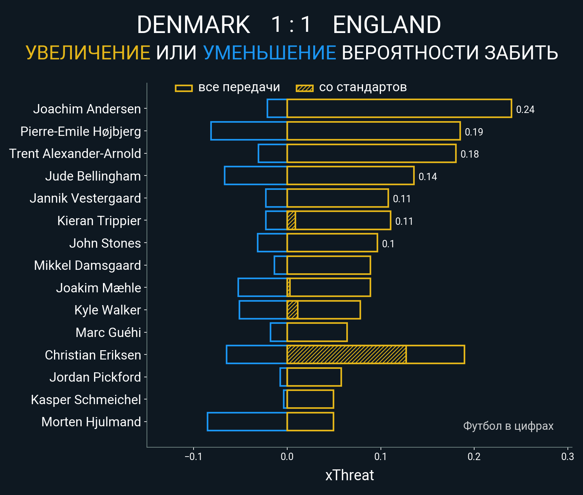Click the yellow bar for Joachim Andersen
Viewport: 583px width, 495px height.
click(x=399, y=108)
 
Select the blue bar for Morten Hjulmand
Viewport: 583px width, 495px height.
click(x=247, y=422)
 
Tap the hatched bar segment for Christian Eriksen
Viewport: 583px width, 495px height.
click(x=346, y=354)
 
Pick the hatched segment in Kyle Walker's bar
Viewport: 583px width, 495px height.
click(x=292, y=310)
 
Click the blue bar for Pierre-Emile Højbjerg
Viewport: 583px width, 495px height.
click(x=249, y=131)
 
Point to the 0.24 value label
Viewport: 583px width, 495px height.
click(x=525, y=110)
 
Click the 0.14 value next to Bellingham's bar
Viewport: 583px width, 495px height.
click(x=428, y=177)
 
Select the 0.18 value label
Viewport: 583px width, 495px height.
click(x=470, y=155)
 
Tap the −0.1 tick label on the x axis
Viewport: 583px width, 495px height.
click(x=193, y=457)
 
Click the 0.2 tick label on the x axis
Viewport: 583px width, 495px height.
click(x=474, y=457)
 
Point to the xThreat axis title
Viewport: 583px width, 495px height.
click(x=349, y=475)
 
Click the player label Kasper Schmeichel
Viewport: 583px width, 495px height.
click(x=86, y=399)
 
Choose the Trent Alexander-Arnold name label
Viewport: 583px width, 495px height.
click(x=75, y=154)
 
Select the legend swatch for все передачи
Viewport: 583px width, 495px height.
click(x=184, y=88)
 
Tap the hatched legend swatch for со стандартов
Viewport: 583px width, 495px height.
click(x=305, y=88)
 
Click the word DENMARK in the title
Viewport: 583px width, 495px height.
click(x=193, y=25)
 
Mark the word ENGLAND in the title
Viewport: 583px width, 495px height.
click(x=387, y=25)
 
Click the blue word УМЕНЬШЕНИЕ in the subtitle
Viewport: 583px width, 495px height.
click(x=269, y=53)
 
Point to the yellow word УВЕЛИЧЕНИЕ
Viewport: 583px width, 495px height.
click(x=88, y=53)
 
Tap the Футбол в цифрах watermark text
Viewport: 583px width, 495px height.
click(x=508, y=426)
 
